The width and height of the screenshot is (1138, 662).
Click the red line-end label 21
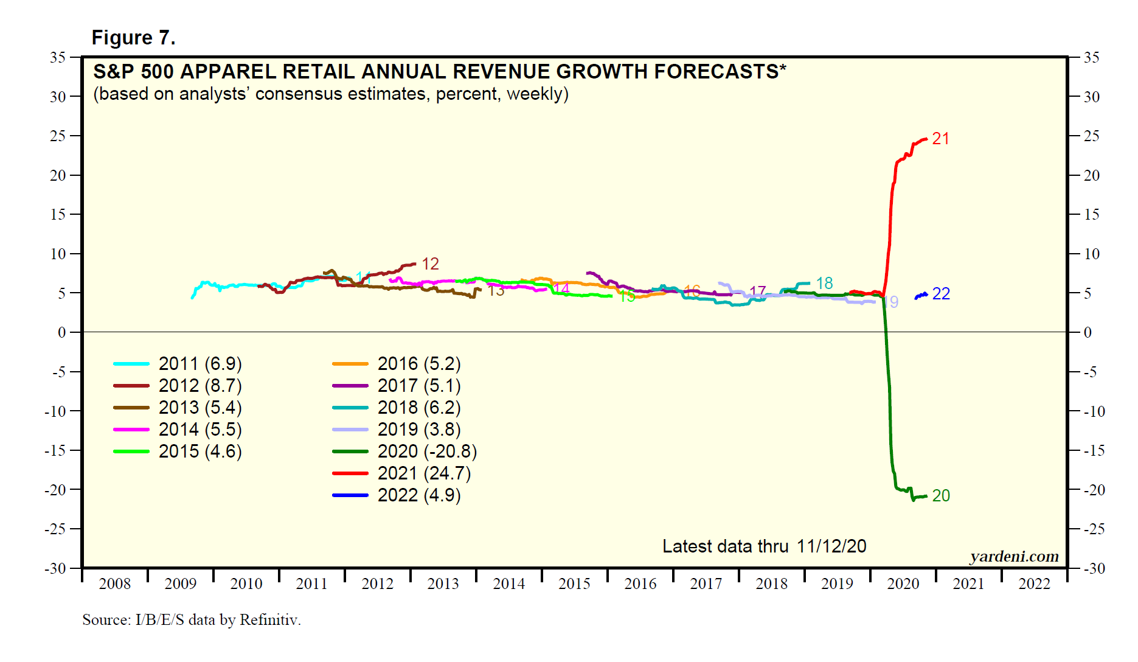point(940,139)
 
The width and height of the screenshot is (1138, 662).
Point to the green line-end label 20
point(940,496)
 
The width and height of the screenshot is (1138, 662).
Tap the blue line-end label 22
point(941,294)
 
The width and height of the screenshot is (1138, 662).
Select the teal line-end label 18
point(824,284)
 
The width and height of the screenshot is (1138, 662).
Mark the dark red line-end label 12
point(430,264)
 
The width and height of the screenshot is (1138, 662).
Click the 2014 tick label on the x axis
point(508,584)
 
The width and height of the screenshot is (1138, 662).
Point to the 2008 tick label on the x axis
point(114,584)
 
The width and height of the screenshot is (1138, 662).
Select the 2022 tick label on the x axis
point(1034,584)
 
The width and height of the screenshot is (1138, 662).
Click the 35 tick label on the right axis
point(1091,58)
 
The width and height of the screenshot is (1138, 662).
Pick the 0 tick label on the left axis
point(61,332)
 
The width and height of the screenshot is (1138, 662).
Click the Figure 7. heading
point(133,38)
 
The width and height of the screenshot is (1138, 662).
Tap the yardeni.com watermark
point(1014,556)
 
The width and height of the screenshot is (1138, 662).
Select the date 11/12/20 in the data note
point(831,546)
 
